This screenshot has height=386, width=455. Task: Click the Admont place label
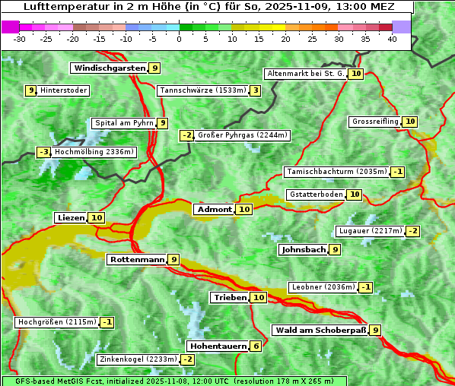coord(215,209)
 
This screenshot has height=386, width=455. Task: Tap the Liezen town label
coord(71,218)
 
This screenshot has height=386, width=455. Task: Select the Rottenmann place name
coord(137,259)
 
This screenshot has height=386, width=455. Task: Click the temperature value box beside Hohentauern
coord(256,346)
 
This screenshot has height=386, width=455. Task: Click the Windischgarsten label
coord(109,68)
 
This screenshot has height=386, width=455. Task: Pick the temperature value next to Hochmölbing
coord(43,152)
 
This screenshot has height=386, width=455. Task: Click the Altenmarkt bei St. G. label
coord(306,74)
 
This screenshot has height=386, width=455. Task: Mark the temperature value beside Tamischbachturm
coord(398,172)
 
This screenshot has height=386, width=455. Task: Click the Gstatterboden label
coord(316,195)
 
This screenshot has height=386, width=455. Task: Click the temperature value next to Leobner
coord(366,287)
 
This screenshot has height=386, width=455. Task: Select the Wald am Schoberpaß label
coord(320,330)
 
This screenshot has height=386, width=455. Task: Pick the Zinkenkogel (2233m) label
coord(138,359)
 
